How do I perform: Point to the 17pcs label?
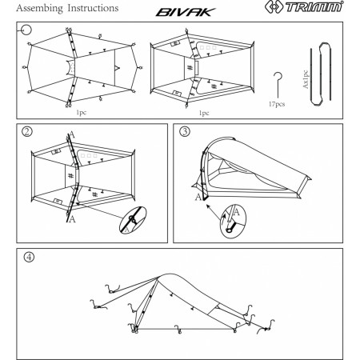(277, 104)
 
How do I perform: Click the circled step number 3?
(185, 132)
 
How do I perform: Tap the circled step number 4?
(30, 259)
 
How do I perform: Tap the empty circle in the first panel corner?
(26, 31)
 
